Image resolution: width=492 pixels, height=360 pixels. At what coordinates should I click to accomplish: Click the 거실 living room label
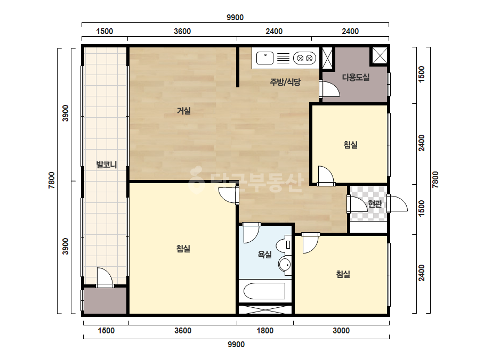pos(184,111)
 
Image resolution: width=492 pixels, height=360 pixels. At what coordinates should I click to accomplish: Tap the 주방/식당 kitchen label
pos(285,82)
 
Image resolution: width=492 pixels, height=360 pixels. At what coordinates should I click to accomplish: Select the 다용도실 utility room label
pos(356,77)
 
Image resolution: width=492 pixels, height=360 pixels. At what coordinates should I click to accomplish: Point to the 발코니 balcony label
pos(107,165)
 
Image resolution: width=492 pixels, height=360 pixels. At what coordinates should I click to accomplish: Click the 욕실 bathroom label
pos(264,255)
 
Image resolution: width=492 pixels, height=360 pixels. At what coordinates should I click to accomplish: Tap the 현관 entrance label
pos(375,204)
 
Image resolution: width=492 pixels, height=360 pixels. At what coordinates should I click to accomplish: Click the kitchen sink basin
pos(265,58)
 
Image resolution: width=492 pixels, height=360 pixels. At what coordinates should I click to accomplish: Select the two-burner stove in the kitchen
pos(304,58)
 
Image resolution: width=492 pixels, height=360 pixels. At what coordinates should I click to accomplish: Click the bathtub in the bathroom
pos(264,291)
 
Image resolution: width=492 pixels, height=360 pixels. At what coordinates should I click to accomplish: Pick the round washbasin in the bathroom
pos(285,265)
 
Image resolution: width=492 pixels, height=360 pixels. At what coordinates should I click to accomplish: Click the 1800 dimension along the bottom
pos(265,331)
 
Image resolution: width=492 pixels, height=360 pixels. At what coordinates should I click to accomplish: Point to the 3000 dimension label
pos(341,331)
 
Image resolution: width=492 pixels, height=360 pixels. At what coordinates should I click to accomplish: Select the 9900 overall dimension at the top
pos(235,18)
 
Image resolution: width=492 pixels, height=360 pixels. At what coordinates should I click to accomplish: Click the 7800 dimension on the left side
pos(52,181)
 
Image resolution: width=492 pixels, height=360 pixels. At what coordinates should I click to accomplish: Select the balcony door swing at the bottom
pos(104,276)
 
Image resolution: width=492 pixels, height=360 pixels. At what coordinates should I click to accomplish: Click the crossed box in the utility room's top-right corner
pos(380,56)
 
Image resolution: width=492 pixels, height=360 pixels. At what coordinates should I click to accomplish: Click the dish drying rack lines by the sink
pos(284,59)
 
